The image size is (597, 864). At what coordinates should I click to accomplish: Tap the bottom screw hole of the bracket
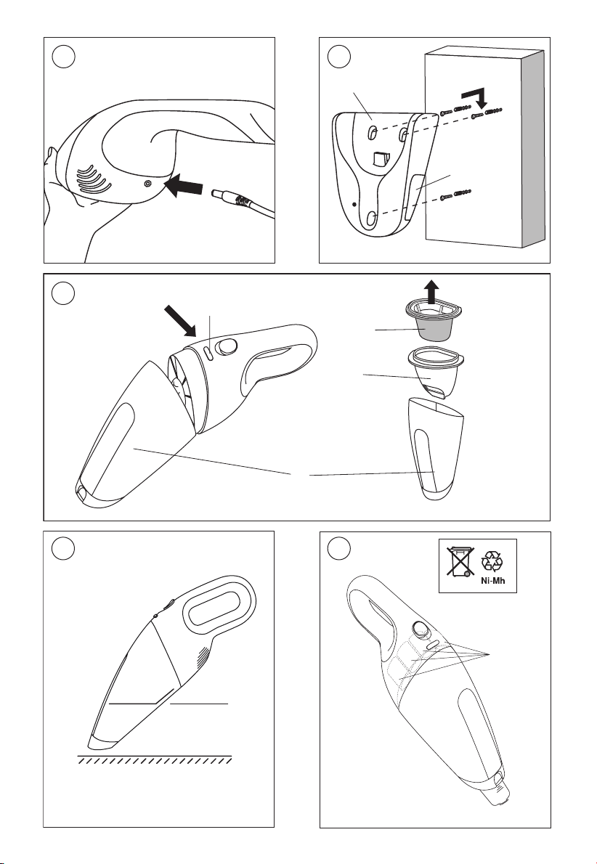point(371,218)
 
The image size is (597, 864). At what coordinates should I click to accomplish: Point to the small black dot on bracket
point(354,204)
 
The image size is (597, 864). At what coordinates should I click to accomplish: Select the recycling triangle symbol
point(492,561)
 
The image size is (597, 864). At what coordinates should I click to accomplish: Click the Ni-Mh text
point(492,582)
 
